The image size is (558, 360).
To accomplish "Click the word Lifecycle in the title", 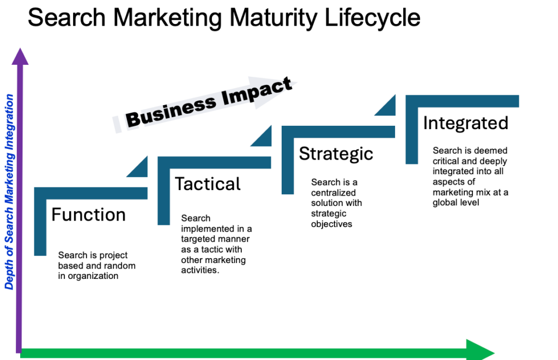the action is pos(372,18).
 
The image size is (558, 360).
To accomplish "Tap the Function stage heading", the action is pos(89,215).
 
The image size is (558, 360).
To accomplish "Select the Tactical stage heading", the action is pos(208,184).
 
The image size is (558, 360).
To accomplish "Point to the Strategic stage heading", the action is pos(336,154).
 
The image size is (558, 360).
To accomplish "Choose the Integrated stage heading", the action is pos(465,124).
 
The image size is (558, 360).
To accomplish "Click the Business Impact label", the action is pos(209,102).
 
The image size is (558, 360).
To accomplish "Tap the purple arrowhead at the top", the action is pos(20,57).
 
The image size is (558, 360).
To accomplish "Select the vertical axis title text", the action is pos(9,192).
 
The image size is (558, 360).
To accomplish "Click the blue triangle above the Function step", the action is pos(138,167).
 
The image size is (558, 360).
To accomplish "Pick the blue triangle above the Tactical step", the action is pos(262,136).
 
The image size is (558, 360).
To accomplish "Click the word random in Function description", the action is pos(119,266).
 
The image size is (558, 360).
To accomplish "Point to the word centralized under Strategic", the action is pos(333,193).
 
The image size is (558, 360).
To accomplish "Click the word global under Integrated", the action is pos(444,203).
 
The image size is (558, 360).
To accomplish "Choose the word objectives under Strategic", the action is pos(332,224).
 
